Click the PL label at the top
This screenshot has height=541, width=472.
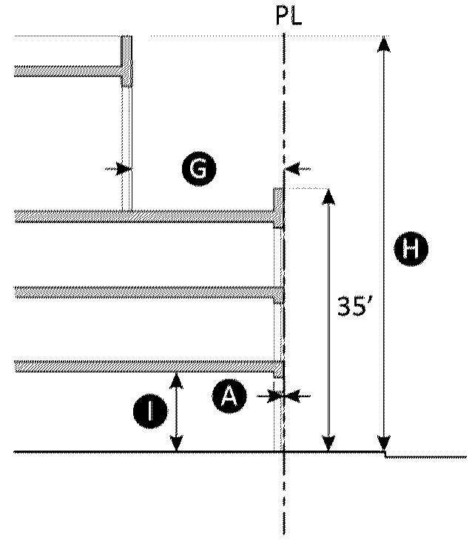click(x=289, y=16)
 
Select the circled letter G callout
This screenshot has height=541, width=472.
click(x=199, y=169)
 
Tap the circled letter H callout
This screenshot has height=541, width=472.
click(x=411, y=248)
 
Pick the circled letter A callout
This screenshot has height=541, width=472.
click(x=229, y=396)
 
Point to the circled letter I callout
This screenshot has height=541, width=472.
click(x=151, y=411)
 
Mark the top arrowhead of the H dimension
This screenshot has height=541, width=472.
click(x=383, y=44)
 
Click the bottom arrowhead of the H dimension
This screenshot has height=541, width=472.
click(x=383, y=443)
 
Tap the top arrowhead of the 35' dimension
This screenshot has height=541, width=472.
click(x=328, y=197)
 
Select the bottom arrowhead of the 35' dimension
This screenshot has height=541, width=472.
click(x=328, y=443)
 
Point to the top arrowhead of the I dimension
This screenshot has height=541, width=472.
click(x=176, y=381)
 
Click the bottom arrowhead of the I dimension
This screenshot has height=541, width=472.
click(x=176, y=443)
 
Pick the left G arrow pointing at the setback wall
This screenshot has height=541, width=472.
click(x=119, y=169)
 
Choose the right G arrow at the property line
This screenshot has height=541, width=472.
click(x=297, y=169)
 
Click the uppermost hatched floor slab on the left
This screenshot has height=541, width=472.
click(x=68, y=70)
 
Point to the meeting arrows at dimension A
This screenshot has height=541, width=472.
click(x=283, y=396)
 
